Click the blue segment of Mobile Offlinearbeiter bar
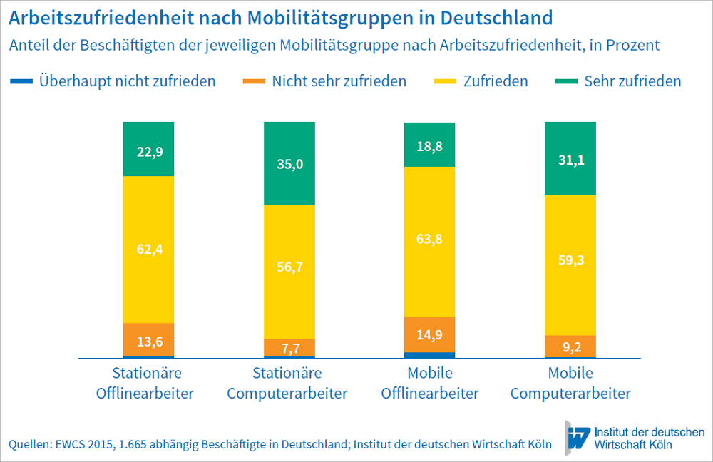click(430, 354)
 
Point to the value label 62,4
click(148, 249)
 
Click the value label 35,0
click(289, 164)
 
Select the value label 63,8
click(430, 239)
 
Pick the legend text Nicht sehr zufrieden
click(339, 81)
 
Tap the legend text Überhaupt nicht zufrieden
click(128, 81)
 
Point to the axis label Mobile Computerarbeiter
click(570, 383)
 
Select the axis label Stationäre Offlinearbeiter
click(148, 383)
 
